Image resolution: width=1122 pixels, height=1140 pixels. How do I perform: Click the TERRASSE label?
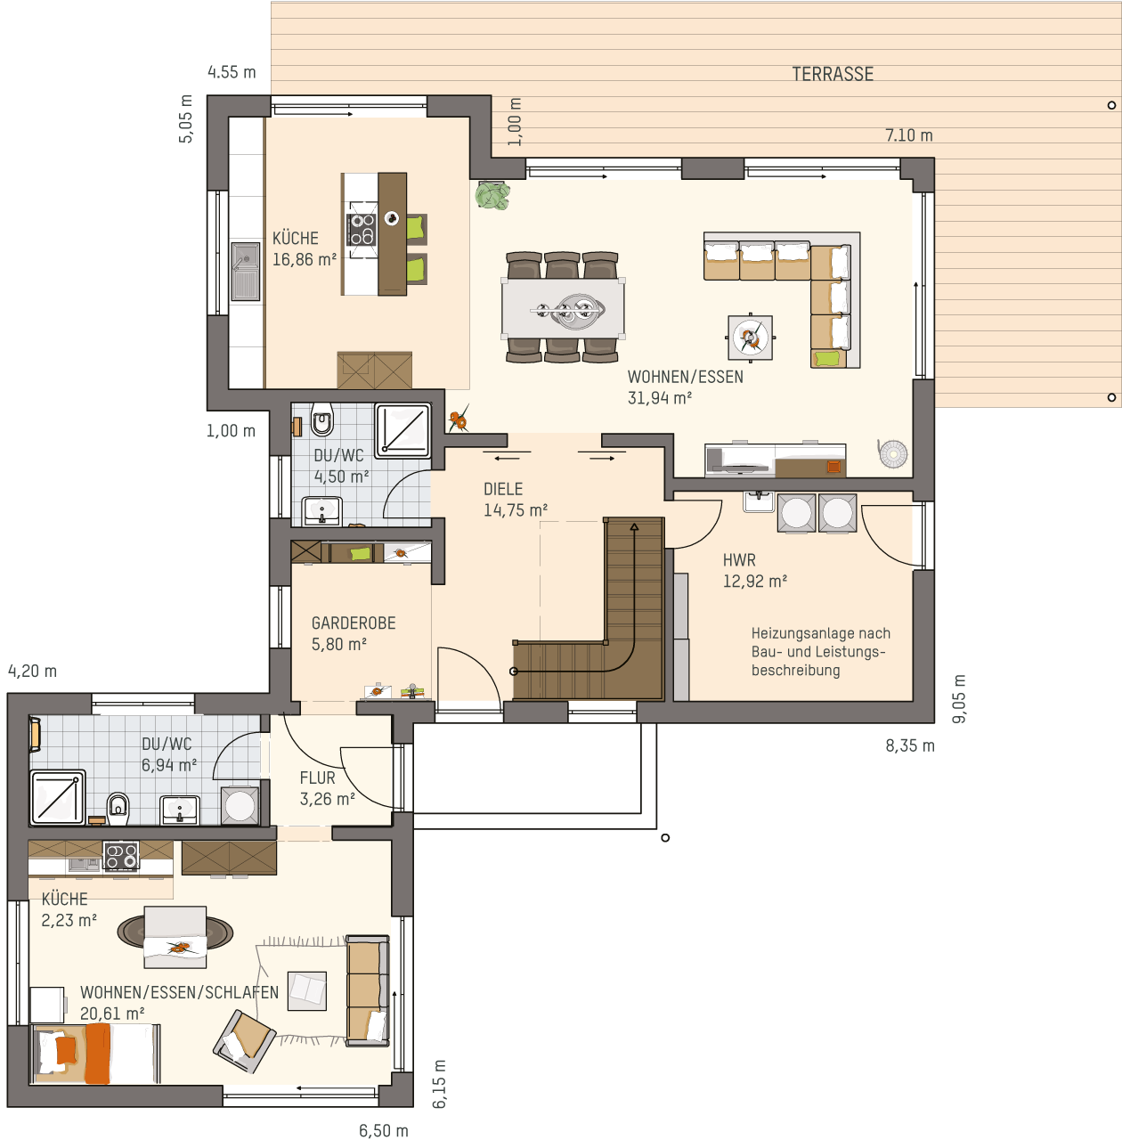833,74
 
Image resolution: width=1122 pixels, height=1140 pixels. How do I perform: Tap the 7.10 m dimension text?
909,135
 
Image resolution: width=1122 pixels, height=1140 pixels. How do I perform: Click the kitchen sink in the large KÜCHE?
246,272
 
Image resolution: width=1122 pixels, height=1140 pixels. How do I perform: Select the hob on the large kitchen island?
361,230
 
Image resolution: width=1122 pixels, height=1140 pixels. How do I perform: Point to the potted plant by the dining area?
492,195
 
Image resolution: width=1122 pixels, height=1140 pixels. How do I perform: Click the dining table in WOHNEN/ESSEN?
563,307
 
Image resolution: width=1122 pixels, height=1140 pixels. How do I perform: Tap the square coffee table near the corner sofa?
751,338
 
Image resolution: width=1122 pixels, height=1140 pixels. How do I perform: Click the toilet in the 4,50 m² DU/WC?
322,419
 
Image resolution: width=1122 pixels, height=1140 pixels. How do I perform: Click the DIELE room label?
503,489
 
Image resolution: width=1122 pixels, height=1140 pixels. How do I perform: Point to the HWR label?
739,559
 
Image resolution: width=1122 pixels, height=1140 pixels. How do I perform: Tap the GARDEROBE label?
354,623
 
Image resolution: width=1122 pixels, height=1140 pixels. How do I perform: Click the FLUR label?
317,778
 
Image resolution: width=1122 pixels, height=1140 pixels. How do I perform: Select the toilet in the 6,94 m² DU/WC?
118,809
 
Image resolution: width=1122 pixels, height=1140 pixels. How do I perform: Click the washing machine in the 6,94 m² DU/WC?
240,806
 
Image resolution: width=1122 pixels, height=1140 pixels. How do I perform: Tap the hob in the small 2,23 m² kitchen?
121,856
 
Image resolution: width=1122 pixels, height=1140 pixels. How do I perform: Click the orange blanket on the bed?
96,1054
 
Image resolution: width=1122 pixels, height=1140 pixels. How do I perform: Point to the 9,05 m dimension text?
959,698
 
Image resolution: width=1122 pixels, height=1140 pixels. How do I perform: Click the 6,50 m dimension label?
384,1131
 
